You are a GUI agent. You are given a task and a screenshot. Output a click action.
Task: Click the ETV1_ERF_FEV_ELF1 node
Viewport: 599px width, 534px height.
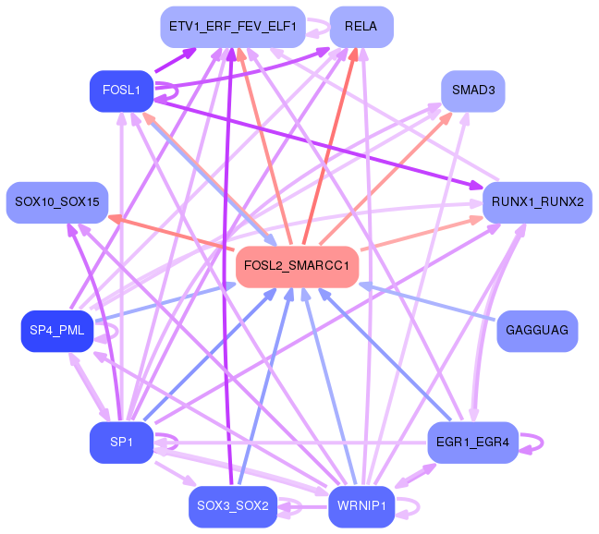click(x=232, y=27)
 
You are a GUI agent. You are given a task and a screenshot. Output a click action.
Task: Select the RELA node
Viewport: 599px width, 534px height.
click(x=361, y=27)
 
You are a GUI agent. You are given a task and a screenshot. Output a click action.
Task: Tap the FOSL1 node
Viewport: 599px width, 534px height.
click(x=121, y=91)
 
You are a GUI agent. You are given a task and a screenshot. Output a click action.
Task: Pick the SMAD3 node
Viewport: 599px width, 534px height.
click(x=473, y=91)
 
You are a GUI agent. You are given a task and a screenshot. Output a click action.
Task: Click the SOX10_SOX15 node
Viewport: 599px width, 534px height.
click(x=57, y=201)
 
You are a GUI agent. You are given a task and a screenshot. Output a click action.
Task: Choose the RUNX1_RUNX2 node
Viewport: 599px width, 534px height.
click(x=537, y=201)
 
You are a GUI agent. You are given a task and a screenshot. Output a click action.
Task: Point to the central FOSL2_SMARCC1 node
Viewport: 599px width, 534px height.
click(x=297, y=266)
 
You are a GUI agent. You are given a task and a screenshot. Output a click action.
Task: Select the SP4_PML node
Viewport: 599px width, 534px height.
click(x=56, y=331)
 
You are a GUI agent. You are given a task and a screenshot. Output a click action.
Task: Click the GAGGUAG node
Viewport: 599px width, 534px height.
click(x=537, y=330)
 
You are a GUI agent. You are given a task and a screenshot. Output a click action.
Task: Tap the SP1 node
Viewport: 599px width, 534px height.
click(x=121, y=443)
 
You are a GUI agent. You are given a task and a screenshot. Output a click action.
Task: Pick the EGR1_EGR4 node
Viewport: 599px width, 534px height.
click(x=473, y=443)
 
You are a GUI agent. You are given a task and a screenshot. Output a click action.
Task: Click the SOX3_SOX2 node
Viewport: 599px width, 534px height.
click(x=232, y=506)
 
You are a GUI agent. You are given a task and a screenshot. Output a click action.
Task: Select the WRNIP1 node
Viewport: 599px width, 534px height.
click(x=361, y=506)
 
